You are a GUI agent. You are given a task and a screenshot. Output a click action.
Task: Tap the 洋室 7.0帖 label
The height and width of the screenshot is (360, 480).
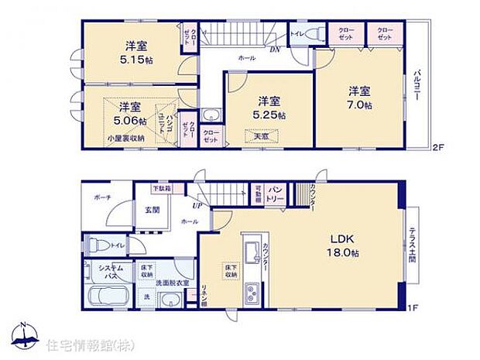(x=358, y=98)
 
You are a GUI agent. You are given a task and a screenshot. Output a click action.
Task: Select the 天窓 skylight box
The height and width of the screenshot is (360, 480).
(x=261, y=136)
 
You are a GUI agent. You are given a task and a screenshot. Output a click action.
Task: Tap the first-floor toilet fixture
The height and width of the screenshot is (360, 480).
(x=94, y=245)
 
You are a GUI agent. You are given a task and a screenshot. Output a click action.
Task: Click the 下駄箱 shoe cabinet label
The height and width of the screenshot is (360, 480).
(x=161, y=187)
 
